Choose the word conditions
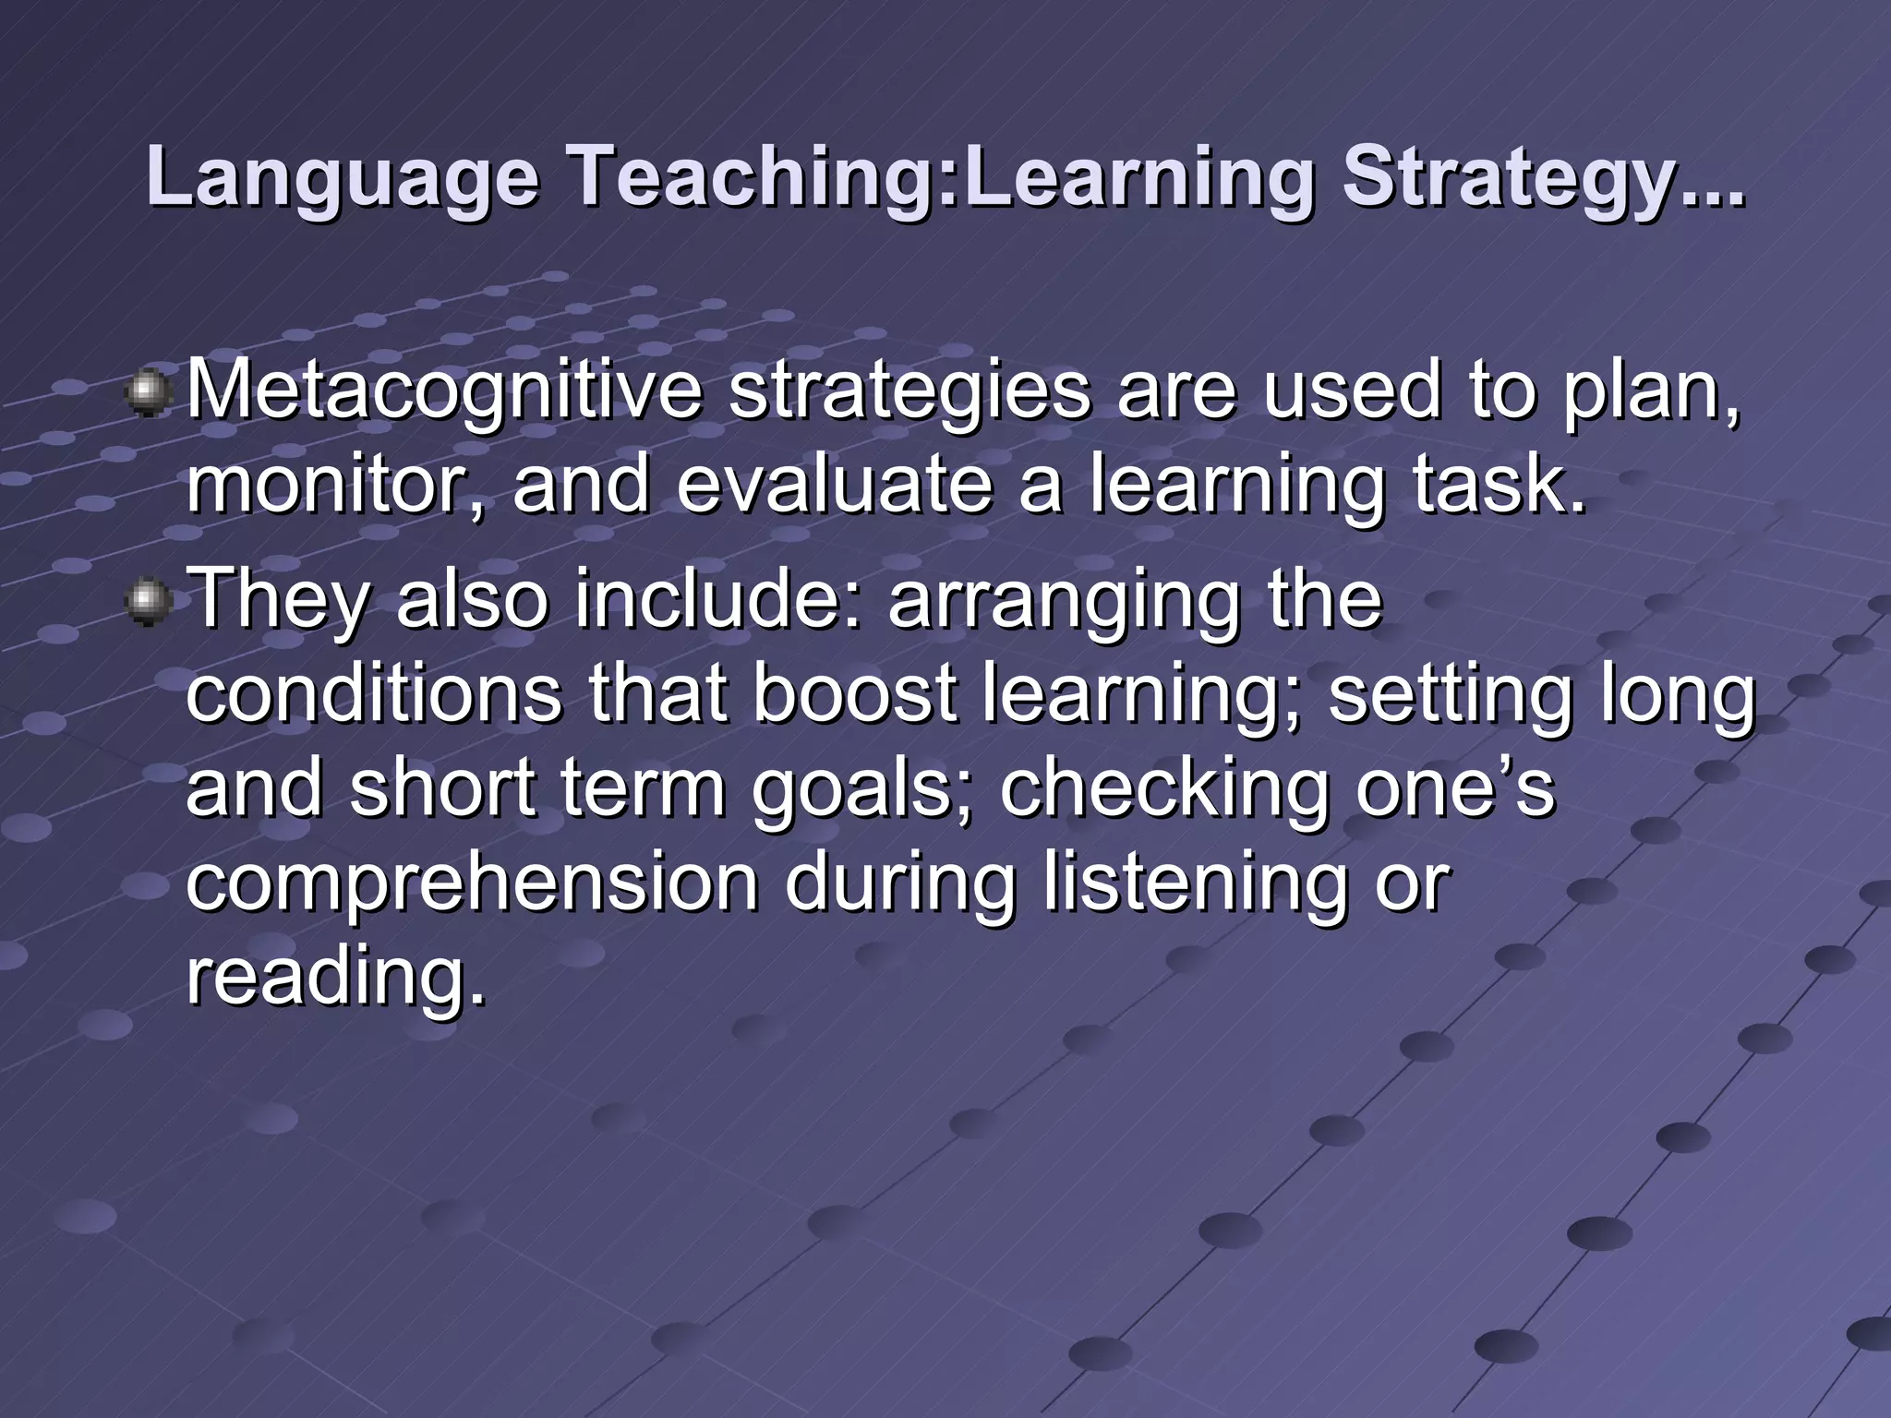[x=373, y=694]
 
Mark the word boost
[x=854, y=694]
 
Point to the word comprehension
[x=472, y=884]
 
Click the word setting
[x=1450, y=694]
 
